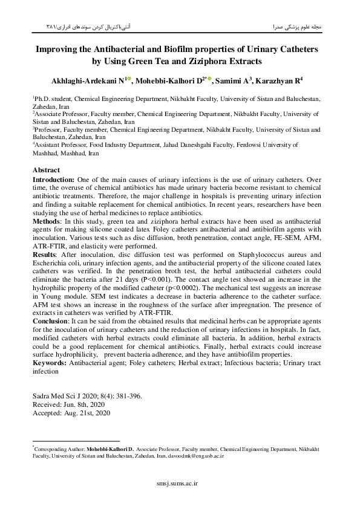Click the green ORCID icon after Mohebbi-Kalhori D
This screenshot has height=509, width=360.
(209, 79)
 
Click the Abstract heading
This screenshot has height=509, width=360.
(46, 170)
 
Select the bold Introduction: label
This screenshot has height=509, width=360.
(54, 180)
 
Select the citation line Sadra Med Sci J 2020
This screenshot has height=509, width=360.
(87, 397)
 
